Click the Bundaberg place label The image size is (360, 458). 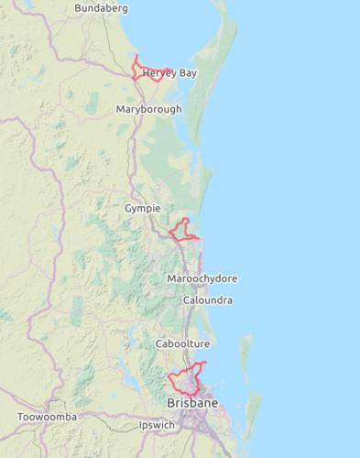[101, 8]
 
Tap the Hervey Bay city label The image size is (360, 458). [169, 73]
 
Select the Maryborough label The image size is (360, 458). [148, 109]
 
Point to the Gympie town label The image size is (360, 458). [142, 209]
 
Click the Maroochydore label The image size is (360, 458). [202, 278]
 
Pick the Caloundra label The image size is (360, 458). [207, 300]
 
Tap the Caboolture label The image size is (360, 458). [182, 343]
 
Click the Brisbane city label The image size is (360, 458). [192, 404]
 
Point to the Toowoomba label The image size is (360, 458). [48, 417]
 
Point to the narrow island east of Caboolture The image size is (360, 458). [245, 353]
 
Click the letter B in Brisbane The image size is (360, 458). [170, 404]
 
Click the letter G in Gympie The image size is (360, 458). [128, 209]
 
